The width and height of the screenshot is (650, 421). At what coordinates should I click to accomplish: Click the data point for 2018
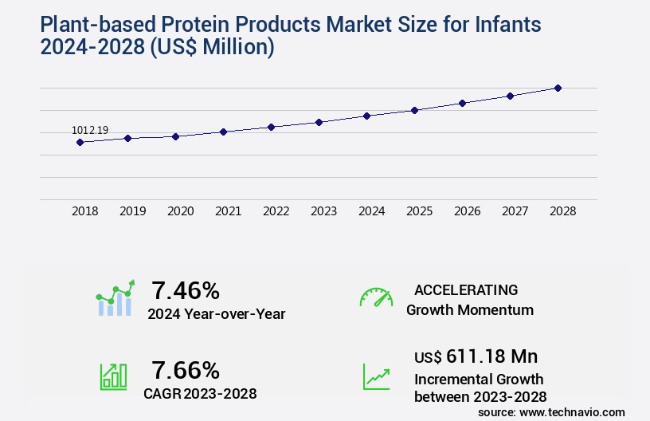click(80, 142)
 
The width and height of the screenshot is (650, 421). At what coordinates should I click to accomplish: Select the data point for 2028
click(558, 88)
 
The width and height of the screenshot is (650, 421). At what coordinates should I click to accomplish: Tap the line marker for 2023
click(319, 122)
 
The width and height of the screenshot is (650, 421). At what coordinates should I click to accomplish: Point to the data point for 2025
click(414, 110)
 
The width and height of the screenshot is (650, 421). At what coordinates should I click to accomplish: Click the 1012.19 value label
click(89, 130)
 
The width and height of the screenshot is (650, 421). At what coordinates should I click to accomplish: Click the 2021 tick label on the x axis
click(229, 211)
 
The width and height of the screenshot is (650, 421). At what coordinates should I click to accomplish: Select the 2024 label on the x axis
click(372, 211)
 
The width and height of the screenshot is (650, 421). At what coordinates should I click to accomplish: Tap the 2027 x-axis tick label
click(515, 211)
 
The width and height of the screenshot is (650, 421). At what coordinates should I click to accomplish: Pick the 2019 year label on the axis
click(133, 211)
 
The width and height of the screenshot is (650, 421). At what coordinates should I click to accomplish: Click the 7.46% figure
click(186, 290)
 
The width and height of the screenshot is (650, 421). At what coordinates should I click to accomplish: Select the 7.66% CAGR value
click(186, 370)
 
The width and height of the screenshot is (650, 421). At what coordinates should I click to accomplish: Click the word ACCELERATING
click(466, 289)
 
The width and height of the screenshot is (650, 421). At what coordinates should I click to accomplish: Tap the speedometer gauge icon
click(376, 297)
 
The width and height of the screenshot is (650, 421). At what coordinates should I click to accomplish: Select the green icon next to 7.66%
click(113, 376)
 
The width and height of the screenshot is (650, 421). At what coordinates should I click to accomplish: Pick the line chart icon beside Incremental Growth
click(376, 376)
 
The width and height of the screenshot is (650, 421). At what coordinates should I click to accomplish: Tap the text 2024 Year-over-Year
click(216, 314)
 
